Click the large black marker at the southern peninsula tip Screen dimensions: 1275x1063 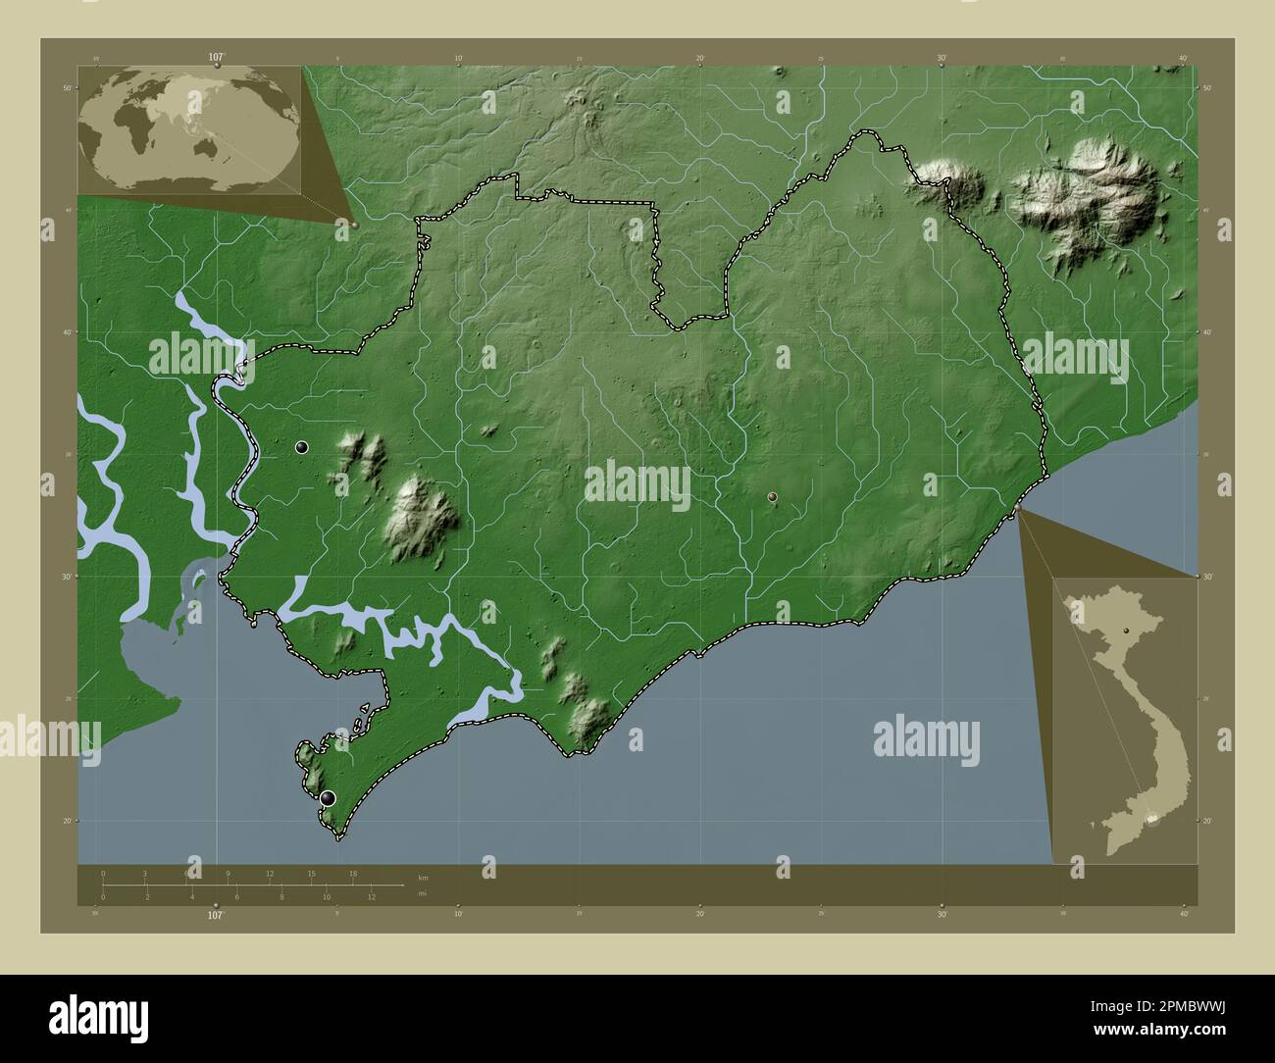tap(328, 798)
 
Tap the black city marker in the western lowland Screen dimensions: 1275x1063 tap(302, 447)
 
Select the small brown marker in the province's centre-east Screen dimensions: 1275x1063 tap(773, 497)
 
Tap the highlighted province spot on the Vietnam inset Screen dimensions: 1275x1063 tap(1153, 820)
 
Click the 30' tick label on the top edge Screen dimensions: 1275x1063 tap(942, 59)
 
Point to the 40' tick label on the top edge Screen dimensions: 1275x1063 tap(1184, 59)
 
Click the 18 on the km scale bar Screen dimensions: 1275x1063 tap(352, 873)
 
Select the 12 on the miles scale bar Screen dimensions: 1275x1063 tap(372, 896)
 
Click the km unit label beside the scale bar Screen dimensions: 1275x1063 tap(423, 877)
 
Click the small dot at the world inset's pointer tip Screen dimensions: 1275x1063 tap(354, 225)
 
